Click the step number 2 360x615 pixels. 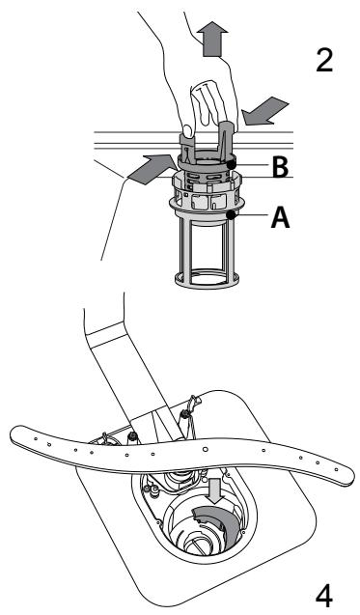(324, 60)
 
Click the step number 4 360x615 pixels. (324, 597)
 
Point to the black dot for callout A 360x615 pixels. (232, 214)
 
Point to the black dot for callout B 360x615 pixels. (232, 165)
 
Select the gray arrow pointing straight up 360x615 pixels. (211, 39)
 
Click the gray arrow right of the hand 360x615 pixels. (264, 111)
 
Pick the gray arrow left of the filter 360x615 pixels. (152, 170)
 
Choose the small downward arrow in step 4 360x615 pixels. (215, 490)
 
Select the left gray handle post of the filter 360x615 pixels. (186, 147)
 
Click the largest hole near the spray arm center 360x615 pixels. (205, 448)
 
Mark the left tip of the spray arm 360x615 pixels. (13, 435)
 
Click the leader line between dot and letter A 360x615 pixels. (250, 215)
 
